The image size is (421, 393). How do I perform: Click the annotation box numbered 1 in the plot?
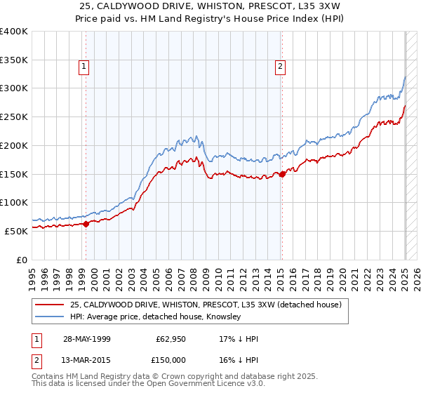click(83, 67)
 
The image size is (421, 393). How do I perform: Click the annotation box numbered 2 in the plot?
click(280, 67)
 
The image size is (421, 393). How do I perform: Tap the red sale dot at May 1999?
click(86, 224)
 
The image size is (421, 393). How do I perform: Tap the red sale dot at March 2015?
click(282, 175)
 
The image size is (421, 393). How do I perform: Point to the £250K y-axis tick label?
click(13, 116)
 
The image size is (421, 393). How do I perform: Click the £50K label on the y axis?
click(16, 230)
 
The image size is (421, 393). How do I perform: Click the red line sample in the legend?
click(50, 305)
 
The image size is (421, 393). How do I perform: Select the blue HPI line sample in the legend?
click(50, 317)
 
